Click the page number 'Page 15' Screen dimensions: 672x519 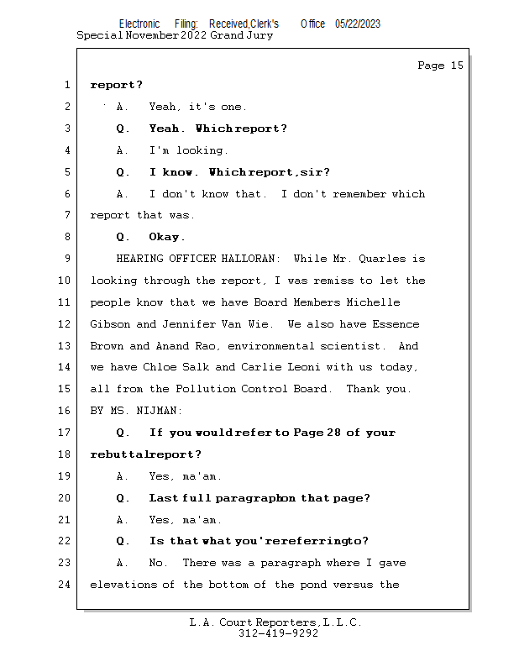(x=440, y=66)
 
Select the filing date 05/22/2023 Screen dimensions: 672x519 (x=358, y=24)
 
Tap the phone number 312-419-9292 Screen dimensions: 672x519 (x=278, y=633)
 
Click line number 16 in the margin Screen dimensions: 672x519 (x=66, y=411)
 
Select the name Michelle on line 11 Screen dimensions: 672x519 (x=372, y=302)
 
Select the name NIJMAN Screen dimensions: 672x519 (x=163, y=411)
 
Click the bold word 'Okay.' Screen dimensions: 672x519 (x=167, y=237)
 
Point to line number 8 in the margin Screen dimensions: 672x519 (x=66, y=237)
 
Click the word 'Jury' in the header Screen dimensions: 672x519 (x=259, y=36)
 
